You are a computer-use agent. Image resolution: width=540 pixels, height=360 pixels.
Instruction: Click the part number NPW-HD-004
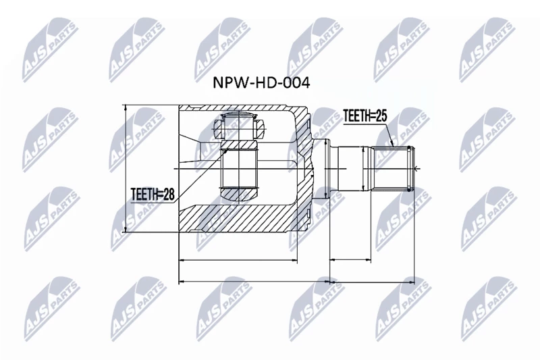(261, 82)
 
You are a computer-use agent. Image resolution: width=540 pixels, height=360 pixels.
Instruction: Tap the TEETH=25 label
(365, 116)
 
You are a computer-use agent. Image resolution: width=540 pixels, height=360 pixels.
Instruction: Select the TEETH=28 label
(153, 195)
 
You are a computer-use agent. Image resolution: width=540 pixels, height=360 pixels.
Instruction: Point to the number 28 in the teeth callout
(169, 195)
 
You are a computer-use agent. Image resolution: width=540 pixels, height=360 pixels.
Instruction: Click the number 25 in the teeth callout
(381, 116)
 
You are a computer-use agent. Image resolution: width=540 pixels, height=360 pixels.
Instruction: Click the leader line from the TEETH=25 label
(389, 134)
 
